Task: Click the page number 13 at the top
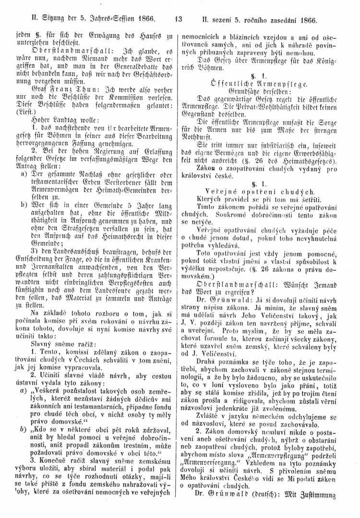point(178,21)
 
